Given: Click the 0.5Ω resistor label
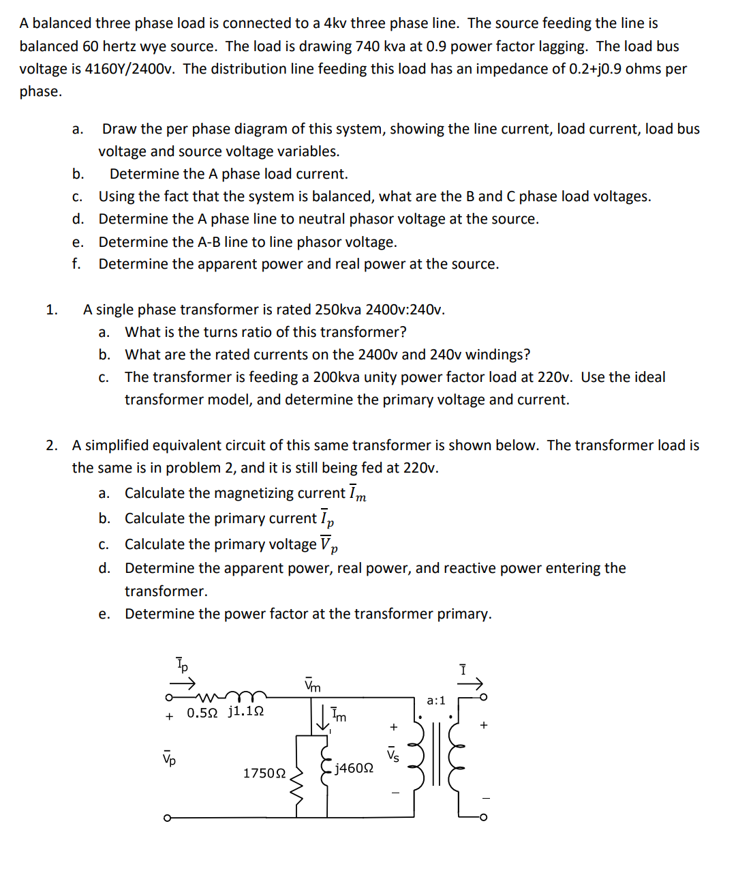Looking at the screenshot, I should (202, 713).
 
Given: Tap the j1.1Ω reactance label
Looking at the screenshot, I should (246, 712).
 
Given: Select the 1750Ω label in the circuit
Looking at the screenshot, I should (264, 773).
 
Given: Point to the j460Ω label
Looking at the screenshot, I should (354, 769).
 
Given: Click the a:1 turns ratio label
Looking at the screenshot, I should (435, 700).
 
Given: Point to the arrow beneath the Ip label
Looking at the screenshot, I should (183, 682).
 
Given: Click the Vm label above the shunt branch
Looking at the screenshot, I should (313, 685).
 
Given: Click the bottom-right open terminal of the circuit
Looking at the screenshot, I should (484, 816).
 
